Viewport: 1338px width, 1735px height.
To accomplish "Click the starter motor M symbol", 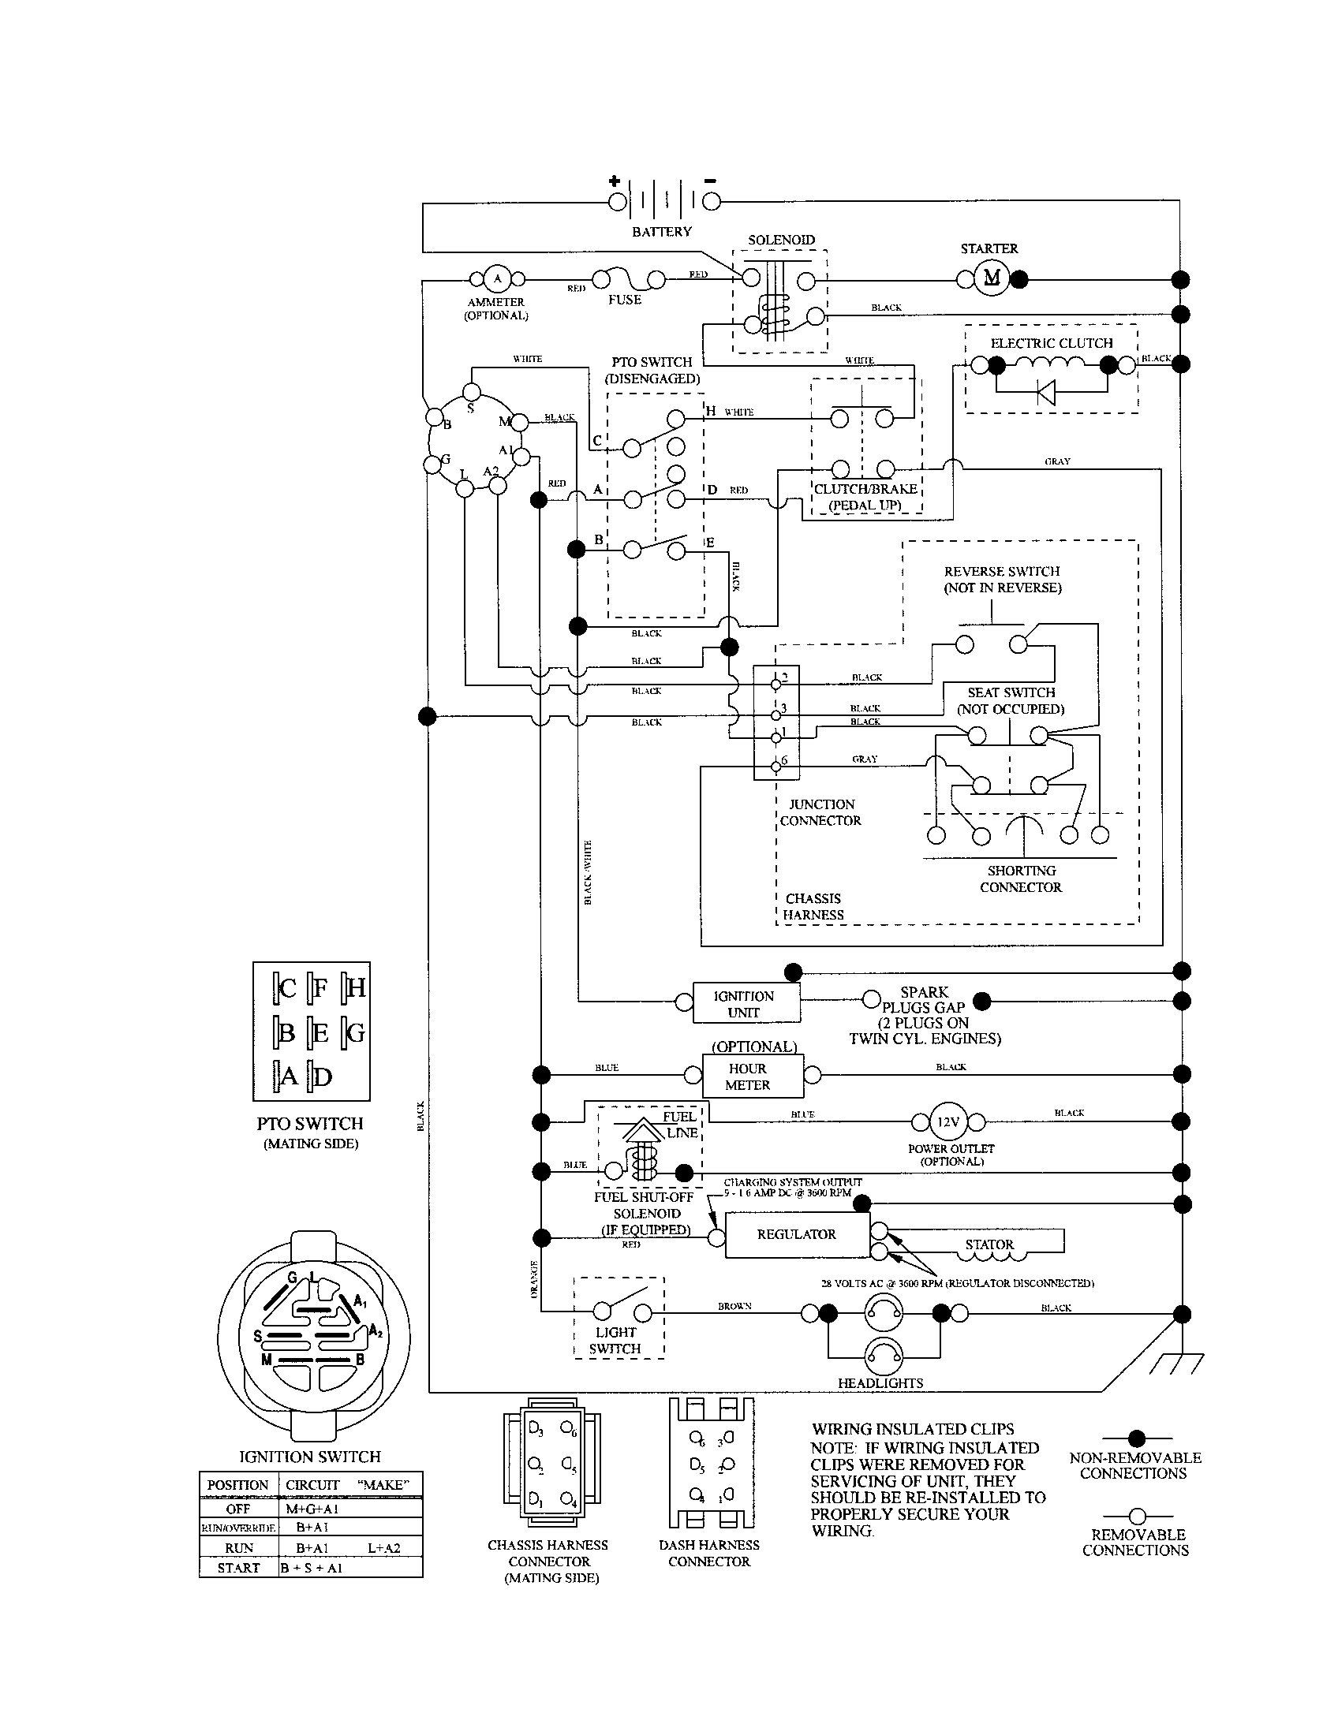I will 992,278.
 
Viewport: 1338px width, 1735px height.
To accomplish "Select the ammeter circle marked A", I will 497,278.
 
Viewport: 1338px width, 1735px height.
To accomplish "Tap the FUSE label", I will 625,300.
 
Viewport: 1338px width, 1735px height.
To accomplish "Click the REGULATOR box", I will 797,1233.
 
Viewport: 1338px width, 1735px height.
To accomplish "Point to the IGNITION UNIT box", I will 746,1004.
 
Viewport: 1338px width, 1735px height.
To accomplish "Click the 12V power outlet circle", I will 948,1121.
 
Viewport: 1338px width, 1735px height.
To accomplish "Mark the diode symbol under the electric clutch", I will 1046,392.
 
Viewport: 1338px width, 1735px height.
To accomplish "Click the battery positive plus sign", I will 615,181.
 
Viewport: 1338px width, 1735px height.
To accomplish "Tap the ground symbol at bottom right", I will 1182,1364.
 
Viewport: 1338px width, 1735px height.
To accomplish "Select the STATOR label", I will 989,1244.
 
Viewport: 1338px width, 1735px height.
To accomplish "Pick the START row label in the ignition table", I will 238,1567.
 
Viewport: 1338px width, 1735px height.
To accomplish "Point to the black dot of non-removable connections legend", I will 1136,1438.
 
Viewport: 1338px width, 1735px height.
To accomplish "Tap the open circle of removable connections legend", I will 1136,1516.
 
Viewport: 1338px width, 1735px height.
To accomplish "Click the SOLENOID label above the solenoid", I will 781,240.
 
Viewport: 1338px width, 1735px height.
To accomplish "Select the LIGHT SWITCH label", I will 615,1340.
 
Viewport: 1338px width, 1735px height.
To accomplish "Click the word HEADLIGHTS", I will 880,1383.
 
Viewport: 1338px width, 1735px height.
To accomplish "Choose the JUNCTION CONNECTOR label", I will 820,812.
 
